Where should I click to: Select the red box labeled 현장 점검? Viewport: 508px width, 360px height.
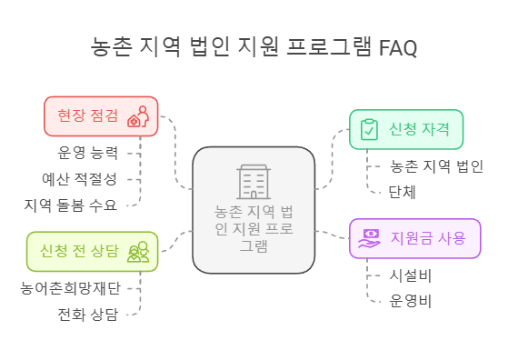[101, 115]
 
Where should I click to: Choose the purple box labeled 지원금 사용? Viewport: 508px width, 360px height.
[414, 238]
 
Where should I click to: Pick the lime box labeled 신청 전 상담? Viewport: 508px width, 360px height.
[92, 251]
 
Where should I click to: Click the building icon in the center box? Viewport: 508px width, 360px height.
[254, 181]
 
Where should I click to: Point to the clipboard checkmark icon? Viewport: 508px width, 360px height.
[369, 129]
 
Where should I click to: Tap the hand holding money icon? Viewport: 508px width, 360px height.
[370, 238]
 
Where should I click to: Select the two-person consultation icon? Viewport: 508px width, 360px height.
[138, 252]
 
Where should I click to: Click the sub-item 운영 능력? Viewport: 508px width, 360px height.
[87, 152]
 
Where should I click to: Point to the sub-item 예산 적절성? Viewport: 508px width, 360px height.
[79, 178]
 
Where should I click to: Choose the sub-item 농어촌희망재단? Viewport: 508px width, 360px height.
[70, 288]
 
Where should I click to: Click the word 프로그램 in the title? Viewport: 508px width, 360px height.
[330, 47]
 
